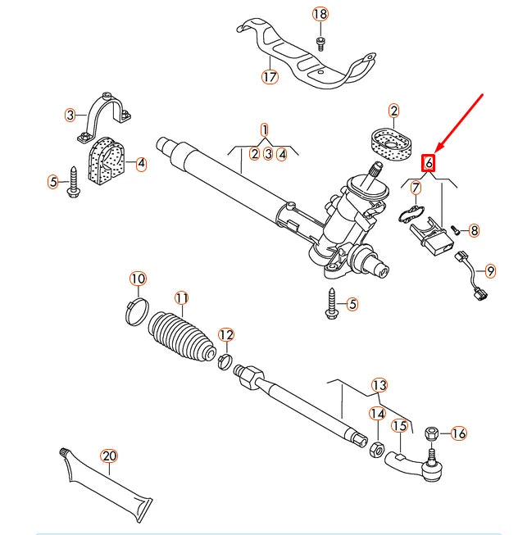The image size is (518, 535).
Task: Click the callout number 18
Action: pos(320,14)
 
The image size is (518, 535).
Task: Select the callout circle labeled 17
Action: pos(270,78)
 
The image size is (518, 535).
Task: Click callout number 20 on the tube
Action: pos(108,456)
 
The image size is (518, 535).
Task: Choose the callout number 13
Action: pos(378,386)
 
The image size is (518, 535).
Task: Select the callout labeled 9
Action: pos(491,270)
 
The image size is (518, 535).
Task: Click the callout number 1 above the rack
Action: pos(265,129)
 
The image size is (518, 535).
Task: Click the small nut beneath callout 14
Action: pos(376,447)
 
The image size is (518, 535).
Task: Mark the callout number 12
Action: pos(226,334)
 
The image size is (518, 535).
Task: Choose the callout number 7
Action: pos(416,188)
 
